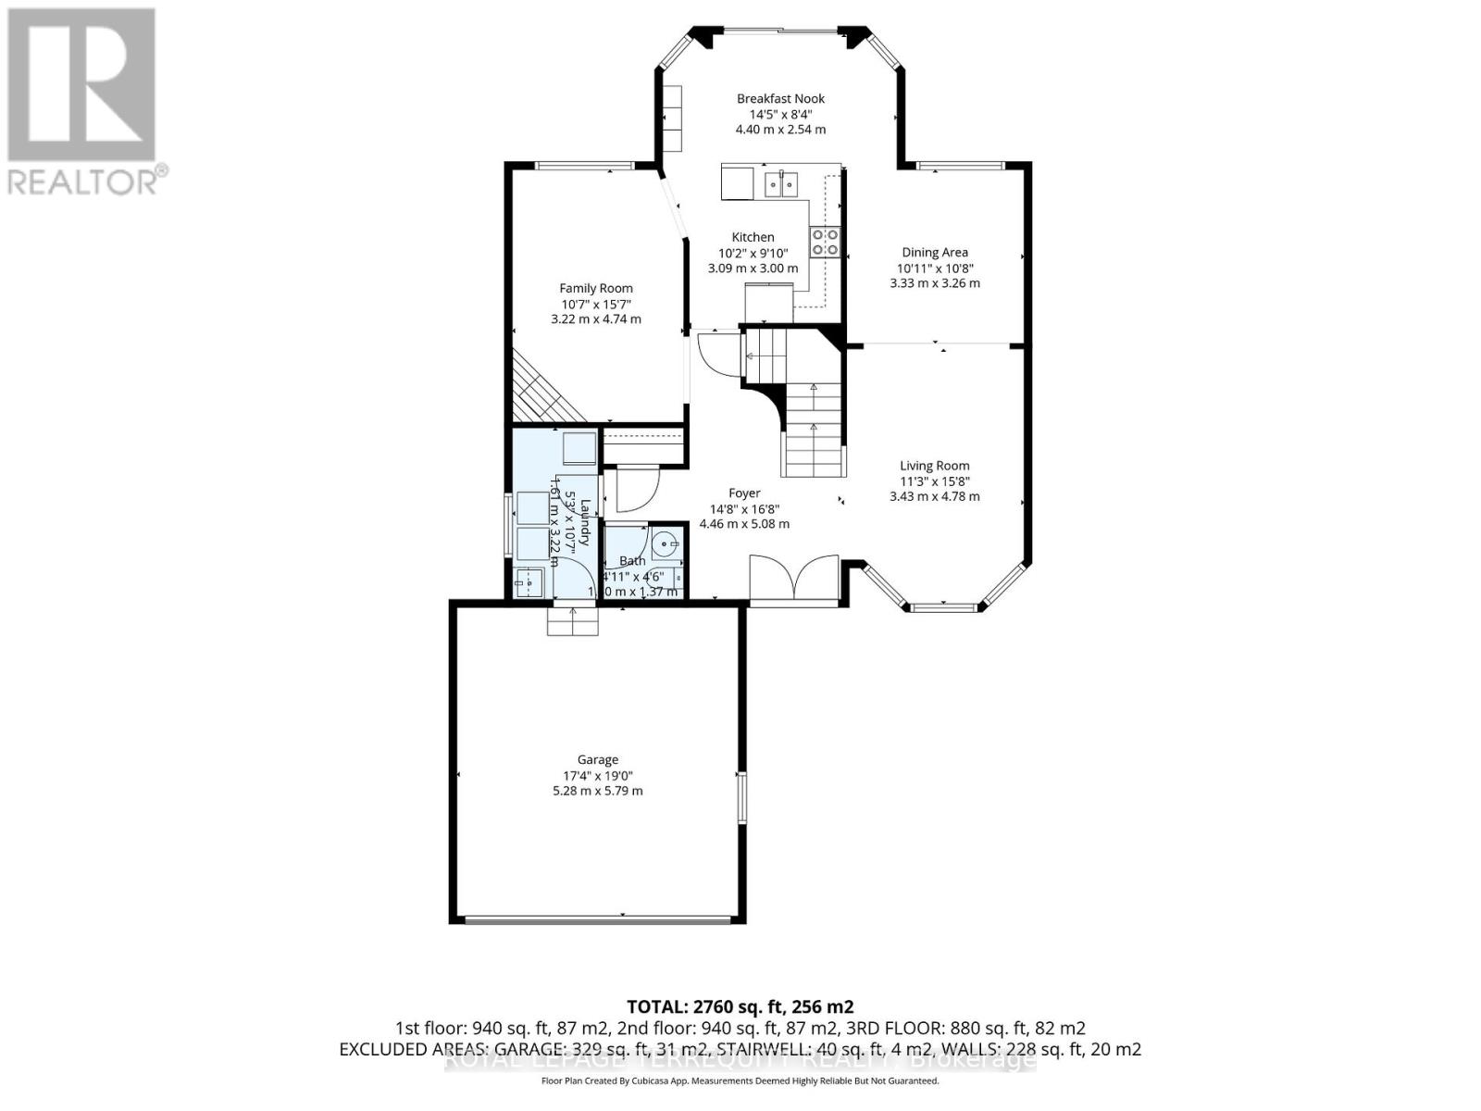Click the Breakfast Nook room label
point(780,98)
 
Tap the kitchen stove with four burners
point(825,242)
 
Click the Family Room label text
point(595,288)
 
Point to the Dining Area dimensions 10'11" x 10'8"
point(934,268)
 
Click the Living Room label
point(934,466)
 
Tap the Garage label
point(597,759)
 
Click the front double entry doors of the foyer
point(794,580)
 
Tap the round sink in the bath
point(665,543)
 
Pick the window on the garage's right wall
point(740,797)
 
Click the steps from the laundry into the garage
point(573,620)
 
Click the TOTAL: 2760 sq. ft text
point(740,1006)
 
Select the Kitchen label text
point(753,237)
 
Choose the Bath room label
point(632,560)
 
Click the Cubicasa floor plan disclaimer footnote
point(740,1081)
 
